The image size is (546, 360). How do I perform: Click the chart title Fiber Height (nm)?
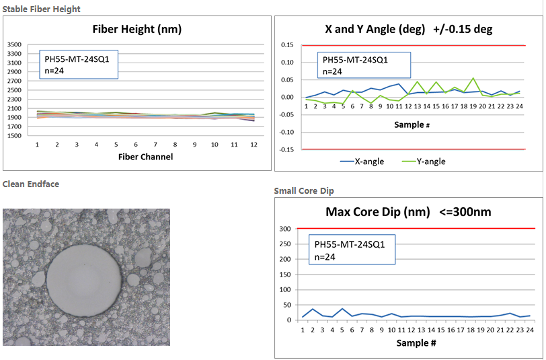pyautogui.click(x=136, y=29)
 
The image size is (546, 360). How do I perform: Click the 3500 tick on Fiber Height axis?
pyautogui.click(x=15, y=45)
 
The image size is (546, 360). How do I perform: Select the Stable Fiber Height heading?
pyautogui.click(x=42, y=9)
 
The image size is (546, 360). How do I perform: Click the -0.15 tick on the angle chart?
pyautogui.click(x=286, y=149)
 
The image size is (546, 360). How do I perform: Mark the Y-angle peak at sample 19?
pyautogui.click(x=473, y=79)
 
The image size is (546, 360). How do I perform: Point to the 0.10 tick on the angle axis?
pyautogui.click(x=288, y=63)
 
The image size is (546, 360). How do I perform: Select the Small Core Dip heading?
pyautogui.click(x=303, y=191)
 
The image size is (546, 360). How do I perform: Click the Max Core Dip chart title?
pyautogui.click(x=408, y=212)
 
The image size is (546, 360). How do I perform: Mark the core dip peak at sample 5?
pyautogui.click(x=343, y=309)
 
